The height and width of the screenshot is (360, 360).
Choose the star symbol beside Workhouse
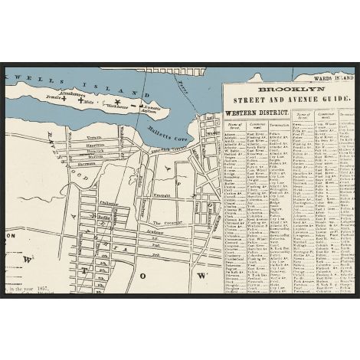116,101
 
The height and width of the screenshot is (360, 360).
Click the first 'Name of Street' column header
234,127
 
